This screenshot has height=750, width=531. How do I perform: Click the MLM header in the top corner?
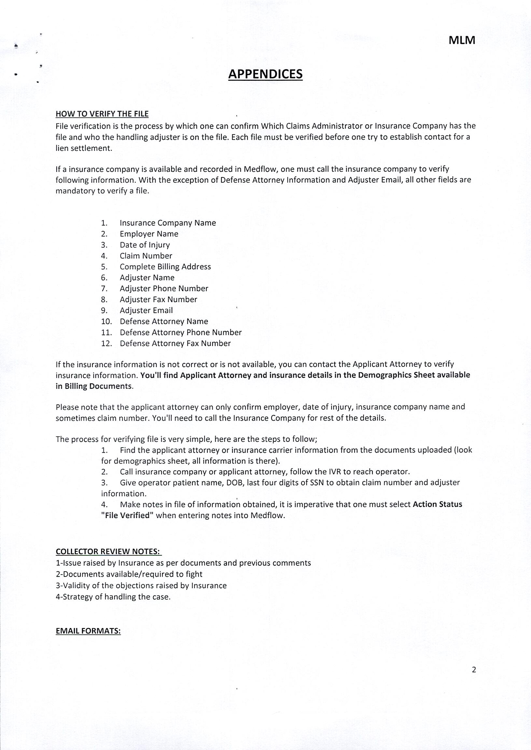tap(462, 40)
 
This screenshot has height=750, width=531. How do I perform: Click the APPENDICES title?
tap(265, 74)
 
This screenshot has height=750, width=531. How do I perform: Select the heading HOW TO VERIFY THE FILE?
tap(102, 114)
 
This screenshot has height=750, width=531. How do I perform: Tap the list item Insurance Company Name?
tap(168, 223)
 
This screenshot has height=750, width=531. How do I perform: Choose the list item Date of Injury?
tap(145, 245)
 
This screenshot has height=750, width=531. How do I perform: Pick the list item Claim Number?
tap(146, 256)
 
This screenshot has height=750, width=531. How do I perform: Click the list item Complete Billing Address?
tap(165, 267)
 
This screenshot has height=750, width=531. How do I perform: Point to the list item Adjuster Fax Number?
tap(158, 299)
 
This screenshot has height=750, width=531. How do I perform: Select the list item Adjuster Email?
tap(146, 311)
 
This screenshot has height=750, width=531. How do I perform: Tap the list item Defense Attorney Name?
tap(164, 321)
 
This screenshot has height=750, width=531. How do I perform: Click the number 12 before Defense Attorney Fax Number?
tap(106, 343)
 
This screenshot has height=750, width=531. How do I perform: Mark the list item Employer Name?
tap(149, 234)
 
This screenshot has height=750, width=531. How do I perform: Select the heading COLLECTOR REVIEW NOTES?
tap(108, 552)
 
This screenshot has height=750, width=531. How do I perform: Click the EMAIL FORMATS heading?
tap(88, 631)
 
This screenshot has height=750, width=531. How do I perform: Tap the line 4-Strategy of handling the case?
tap(113, 597)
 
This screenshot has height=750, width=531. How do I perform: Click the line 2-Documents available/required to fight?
tap(129, 574)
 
